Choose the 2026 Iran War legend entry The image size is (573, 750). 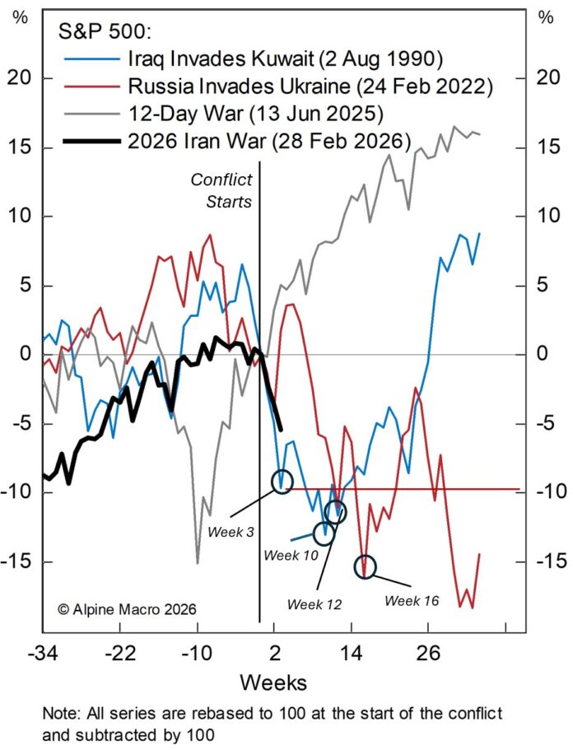[268, 141]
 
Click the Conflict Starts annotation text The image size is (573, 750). [221, 189]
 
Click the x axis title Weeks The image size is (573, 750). [273, 682]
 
